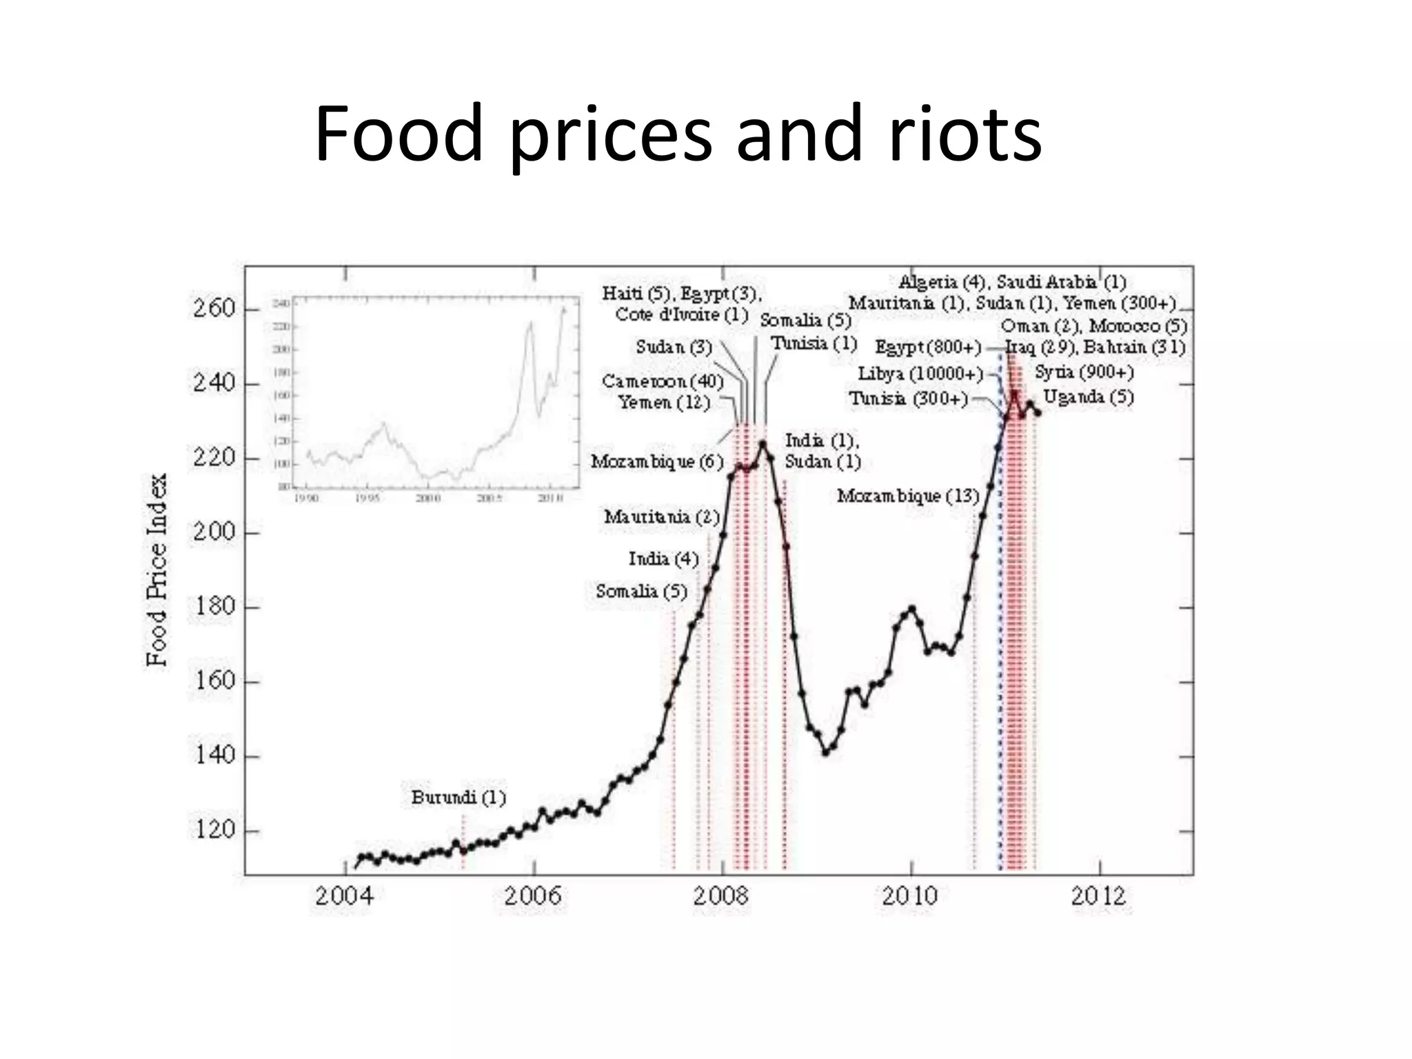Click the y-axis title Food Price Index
[157, 569]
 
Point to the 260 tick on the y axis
[214, 308]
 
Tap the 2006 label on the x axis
[532, 896]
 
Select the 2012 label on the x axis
[1099, 896]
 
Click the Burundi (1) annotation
[458, 798]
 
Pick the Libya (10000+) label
[920, 374]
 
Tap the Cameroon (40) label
[663, 381]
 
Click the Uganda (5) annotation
[1088, 396]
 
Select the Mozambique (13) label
[908, 496]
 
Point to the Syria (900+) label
[1084, 372]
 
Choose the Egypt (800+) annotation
[928, 347]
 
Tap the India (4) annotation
[663, 558]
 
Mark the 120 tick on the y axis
[214, 830]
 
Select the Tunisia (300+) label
[908, 399]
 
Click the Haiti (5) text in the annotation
[636, 294]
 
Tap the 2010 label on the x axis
[910, 896]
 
